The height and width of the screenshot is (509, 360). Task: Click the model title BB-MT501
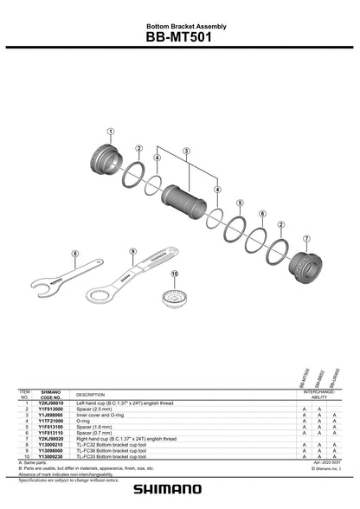(180, 38)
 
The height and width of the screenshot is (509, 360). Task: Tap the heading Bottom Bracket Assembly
(180, 27)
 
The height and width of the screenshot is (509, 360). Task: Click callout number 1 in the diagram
(111, 132)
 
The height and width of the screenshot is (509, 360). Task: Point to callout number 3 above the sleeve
(184, 151)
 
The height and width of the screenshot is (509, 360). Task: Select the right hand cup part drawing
(305, 262)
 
